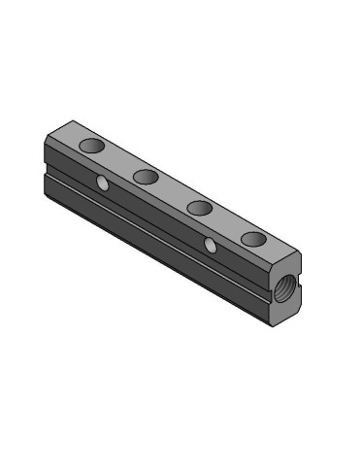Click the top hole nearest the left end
tap(92, 146)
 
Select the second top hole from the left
tap(147, 176)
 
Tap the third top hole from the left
tap(200, 207)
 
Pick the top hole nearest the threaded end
tap(253, 238)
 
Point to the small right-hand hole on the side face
tap(211, 245)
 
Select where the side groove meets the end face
tap(271, 293)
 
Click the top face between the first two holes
tap(119, 160)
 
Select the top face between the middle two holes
tap(173, 191)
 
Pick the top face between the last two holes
tap(226, 222)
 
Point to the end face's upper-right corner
tap(300, 254)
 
